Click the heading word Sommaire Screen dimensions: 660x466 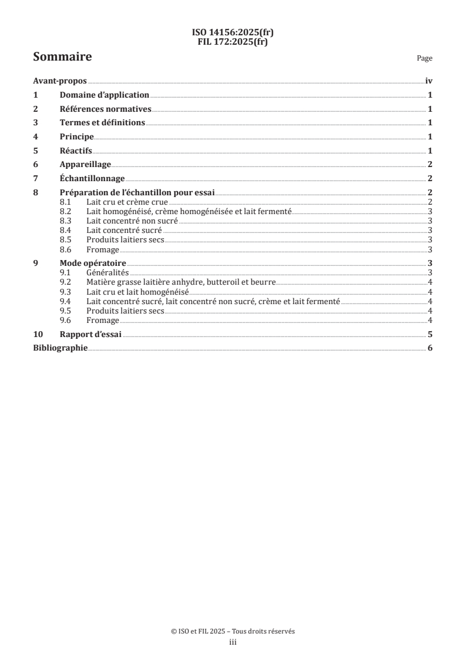pyautogui.click(x=62, y=57)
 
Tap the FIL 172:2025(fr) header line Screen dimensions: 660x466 pyautogui.click(x=233, y=42)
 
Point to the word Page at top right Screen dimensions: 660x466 pyautogui.click(x=424, y=58)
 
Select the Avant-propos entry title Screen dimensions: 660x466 pyautogui.click(x=59, y=81)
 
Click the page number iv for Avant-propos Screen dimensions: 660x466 pyautogui.click(x=428, y=81)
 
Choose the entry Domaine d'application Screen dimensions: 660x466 pyautogui.click(x=104, y=95)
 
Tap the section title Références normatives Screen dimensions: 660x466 pyautogui.click(x=105, y=109)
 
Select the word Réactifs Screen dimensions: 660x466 pyautogui.click(x=76, y=151)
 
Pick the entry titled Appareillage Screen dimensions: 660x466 pyautogui.click(x=85, y=164)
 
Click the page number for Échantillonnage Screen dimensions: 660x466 pyautogui.click(x=430, y=178)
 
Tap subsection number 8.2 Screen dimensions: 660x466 pyautogui.click(x=66, y=211)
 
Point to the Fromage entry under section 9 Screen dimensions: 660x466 pyautogui.click(x=103, y=320)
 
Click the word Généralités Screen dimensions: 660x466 pyautogui.click(x=107, y=272)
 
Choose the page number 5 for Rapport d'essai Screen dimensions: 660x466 pyautogui.click(x=430, y=334)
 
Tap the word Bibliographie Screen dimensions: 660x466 pyautogui.click(x=60, y=348)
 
